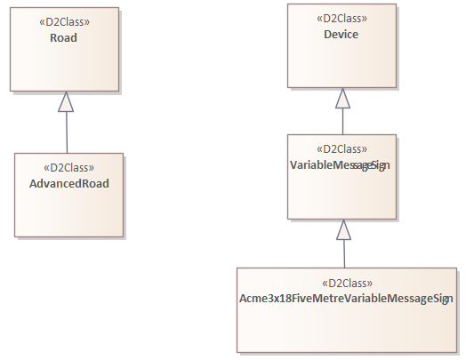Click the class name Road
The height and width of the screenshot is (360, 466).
[x=64, y=38]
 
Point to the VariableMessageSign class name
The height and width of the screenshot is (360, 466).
[x=341, y=166]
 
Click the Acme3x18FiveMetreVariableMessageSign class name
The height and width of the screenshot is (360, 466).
[x=346, y=299]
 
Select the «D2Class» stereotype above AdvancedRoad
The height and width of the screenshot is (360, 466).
[x=68, y=167]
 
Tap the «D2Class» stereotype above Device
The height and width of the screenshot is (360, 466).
[x=341, y=18]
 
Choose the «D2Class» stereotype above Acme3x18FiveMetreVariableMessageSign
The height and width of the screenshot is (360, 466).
[x=346, y=283]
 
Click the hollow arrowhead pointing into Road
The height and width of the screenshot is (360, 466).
[x=65, y=101]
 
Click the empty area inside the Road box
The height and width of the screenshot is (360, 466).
[x=64, y=68]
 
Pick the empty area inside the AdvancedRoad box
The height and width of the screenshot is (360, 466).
[x=68, y=213]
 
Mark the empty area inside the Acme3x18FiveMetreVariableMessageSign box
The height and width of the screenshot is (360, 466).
[x=346, y=329]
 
